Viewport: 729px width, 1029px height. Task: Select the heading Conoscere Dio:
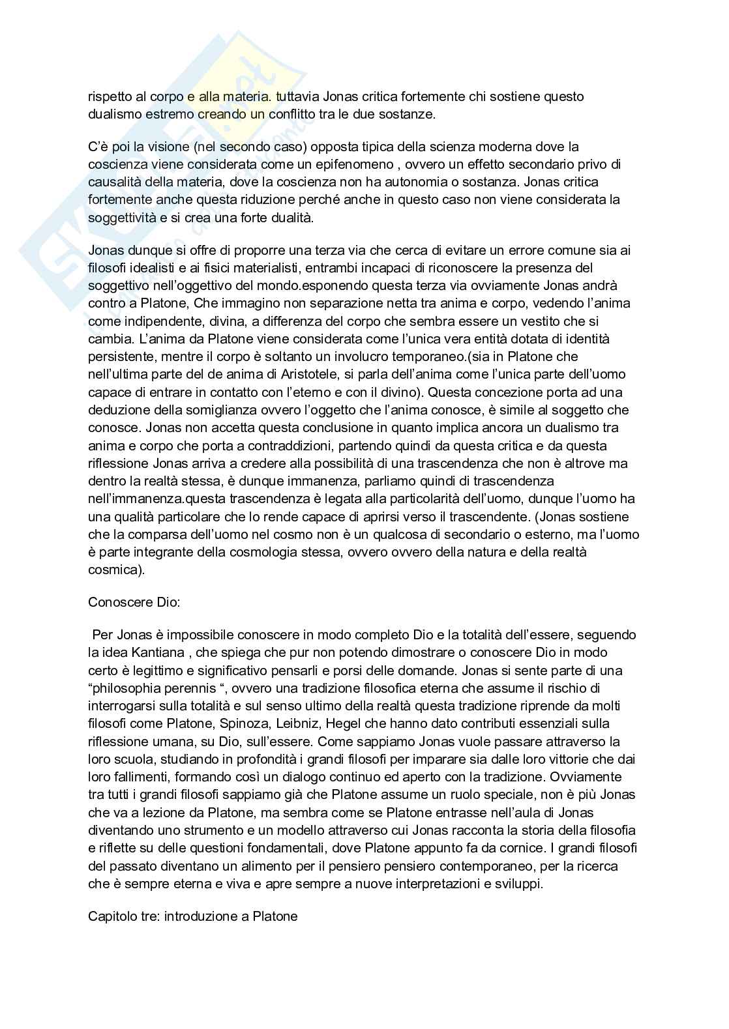click(134, 601)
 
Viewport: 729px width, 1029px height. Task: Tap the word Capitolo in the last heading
click(112, 916)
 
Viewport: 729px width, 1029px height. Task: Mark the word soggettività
click(122, 218)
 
